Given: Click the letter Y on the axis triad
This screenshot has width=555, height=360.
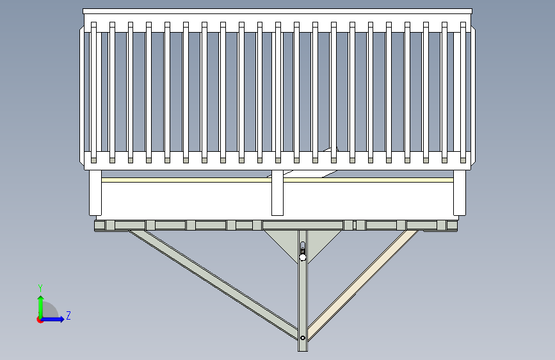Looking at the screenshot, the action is coord(40,288).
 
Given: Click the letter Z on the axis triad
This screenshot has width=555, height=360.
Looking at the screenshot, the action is coord(68,316).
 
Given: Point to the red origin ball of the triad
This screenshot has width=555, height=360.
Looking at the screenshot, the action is coord(40,319).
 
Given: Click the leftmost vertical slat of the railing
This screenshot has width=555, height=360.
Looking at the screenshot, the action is coord(93,90).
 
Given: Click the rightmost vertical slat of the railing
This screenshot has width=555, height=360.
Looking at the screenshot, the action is coord(464,90).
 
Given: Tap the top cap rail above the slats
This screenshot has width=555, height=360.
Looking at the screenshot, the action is coord(277,12).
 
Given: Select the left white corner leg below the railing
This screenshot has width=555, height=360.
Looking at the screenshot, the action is coord(95,192).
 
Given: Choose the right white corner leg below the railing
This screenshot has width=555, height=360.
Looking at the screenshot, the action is coord(459,192).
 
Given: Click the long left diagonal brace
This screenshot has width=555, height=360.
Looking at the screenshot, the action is coord(211,282).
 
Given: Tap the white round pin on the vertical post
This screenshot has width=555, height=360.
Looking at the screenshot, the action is coord(303,258).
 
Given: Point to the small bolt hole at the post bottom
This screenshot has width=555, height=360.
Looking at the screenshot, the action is coord(302,337).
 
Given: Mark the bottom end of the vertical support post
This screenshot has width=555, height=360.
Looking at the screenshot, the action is coord(303,348).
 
